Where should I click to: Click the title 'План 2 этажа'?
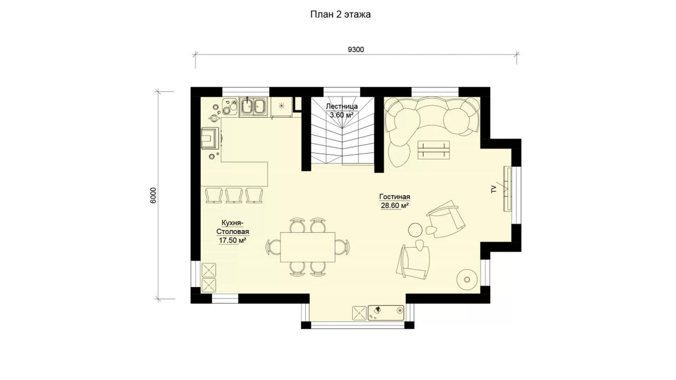(340, 15)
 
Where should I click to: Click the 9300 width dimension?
(356, 50)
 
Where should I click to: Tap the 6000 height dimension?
(153, 195)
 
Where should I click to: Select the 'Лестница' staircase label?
(342, 106)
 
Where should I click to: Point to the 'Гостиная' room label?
(394, 197)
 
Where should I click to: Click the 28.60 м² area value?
(395, 205)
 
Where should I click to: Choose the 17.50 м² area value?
(232, 240)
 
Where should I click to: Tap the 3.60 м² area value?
(341, 115)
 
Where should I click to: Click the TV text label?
(494, 189)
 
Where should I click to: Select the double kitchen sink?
(253, 106)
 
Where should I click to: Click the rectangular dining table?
(308, 247)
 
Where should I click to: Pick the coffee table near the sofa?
(434, 150)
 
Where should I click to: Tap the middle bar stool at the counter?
(234, 195)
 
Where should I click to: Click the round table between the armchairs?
(415, 230)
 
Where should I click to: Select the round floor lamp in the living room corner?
(467, 280)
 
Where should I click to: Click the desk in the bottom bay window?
(386, 313)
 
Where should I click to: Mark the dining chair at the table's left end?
(273, 247)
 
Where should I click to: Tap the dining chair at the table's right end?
(342, 247)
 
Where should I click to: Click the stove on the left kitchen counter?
(211, 138)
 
